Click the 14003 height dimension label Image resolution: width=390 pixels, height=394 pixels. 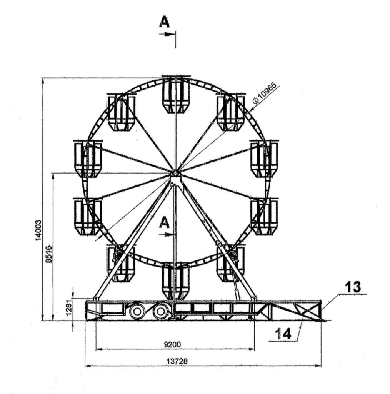tap(38, 230)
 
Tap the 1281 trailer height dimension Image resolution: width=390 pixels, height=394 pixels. tap(69, 308)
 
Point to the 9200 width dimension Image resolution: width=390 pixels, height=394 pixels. tap(172, 344)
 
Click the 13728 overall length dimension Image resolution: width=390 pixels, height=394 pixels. tap(177, 361)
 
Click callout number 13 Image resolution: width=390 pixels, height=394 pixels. tap(353, 287)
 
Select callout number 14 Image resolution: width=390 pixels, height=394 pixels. tap(283, 334)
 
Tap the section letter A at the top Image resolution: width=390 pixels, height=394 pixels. tap(165, 22)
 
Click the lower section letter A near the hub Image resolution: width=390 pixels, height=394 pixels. tap(165, 223)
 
